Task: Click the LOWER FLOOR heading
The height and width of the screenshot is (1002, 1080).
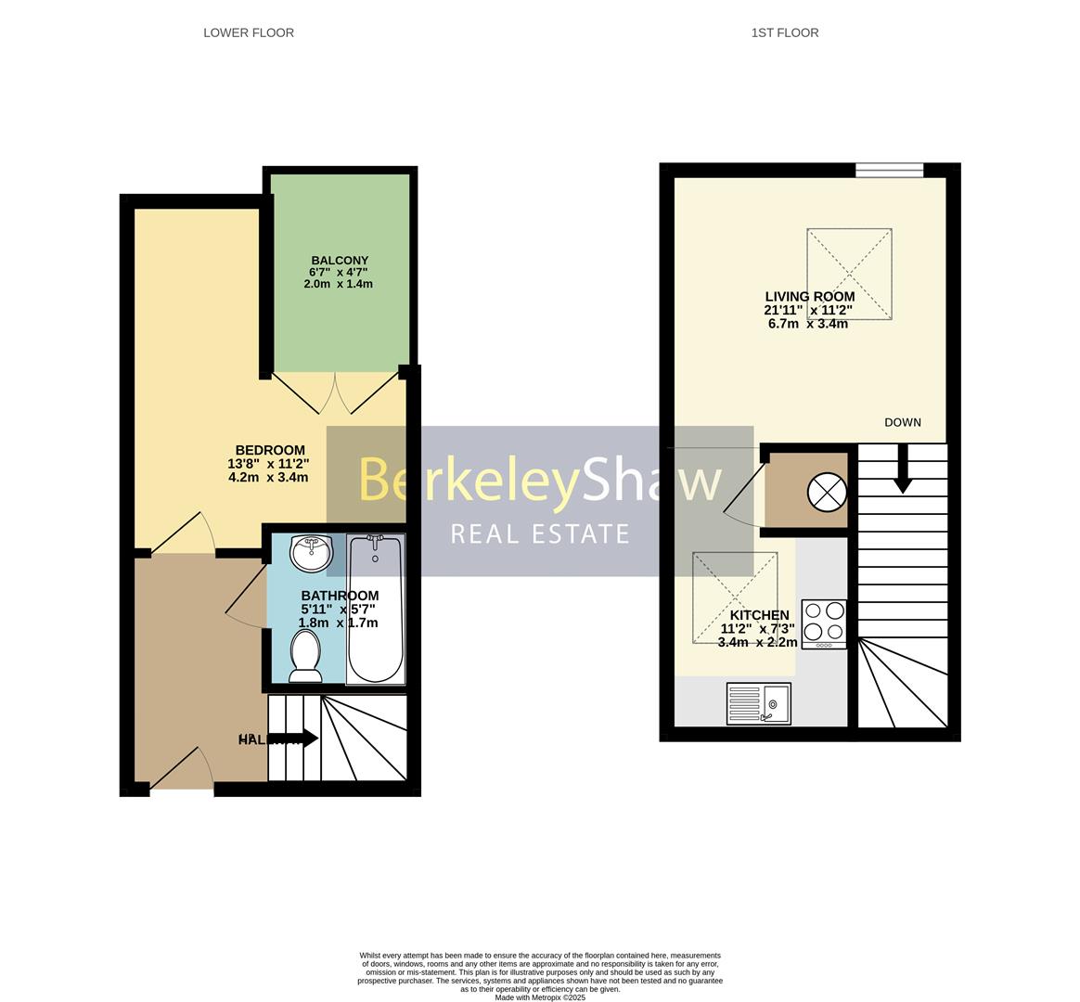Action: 249,32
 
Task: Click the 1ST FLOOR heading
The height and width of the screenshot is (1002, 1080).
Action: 785,32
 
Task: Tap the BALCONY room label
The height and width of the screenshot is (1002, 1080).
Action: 340,261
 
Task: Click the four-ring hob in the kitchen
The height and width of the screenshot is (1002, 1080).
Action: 824,623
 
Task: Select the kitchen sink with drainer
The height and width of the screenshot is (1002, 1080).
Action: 758,703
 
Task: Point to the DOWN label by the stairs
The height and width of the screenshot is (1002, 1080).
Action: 903,422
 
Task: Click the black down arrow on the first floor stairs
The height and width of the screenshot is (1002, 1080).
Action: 902,471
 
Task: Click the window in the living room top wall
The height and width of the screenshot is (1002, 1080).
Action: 889,170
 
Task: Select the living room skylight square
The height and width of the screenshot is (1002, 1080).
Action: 850,274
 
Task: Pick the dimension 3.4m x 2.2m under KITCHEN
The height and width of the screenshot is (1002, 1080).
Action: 757,642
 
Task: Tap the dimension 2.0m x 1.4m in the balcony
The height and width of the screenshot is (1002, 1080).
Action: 338,284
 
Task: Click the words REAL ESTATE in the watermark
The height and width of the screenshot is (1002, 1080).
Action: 540,533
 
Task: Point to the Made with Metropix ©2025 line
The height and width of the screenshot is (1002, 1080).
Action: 540,997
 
